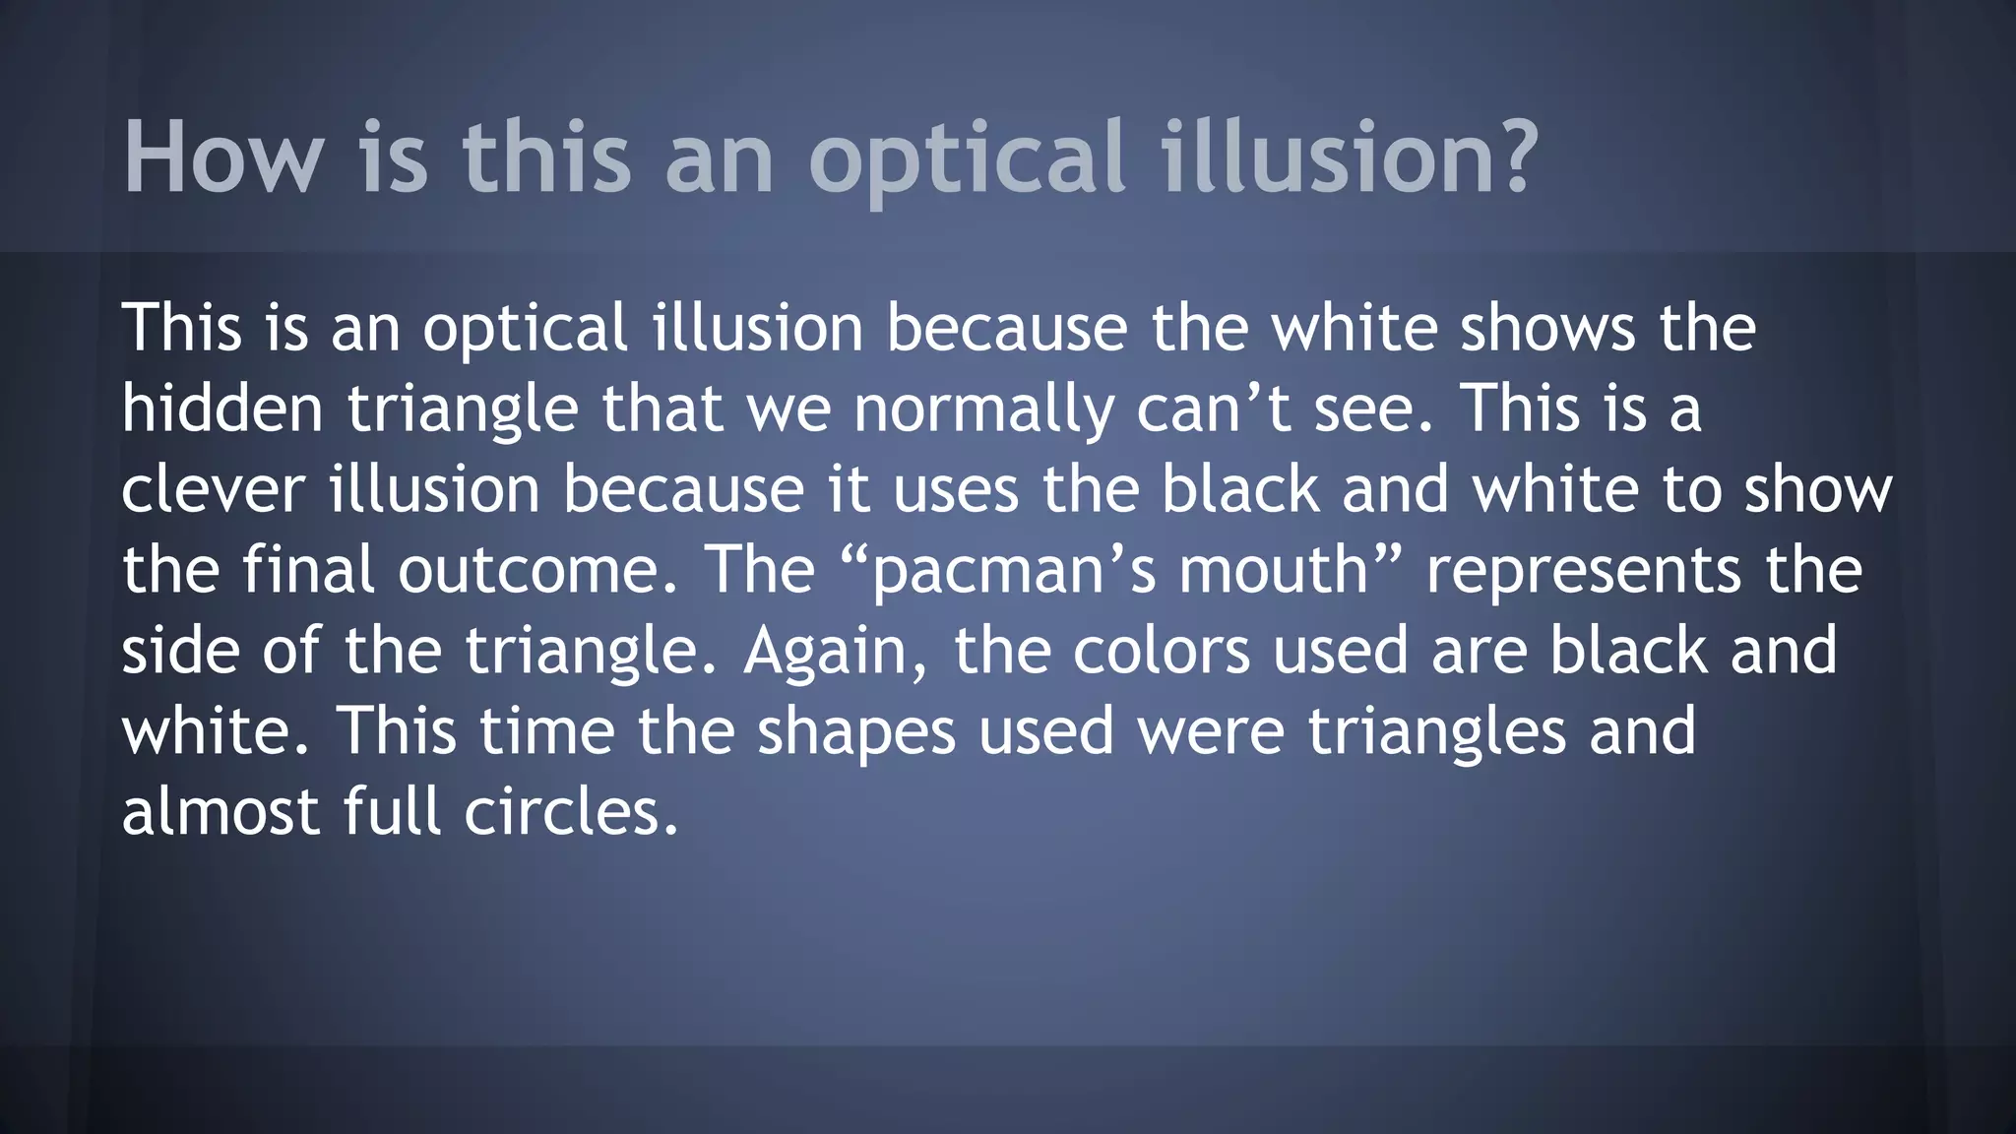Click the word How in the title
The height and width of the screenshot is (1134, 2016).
pyautogui.click(x=223, y=157)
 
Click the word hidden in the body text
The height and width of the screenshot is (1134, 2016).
pyautogui.click(x=222, y=409)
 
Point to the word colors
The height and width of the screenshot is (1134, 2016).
pyautogui.click(x=1161, y=651)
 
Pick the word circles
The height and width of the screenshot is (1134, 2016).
pyautogui.click(x=571, y=812)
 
